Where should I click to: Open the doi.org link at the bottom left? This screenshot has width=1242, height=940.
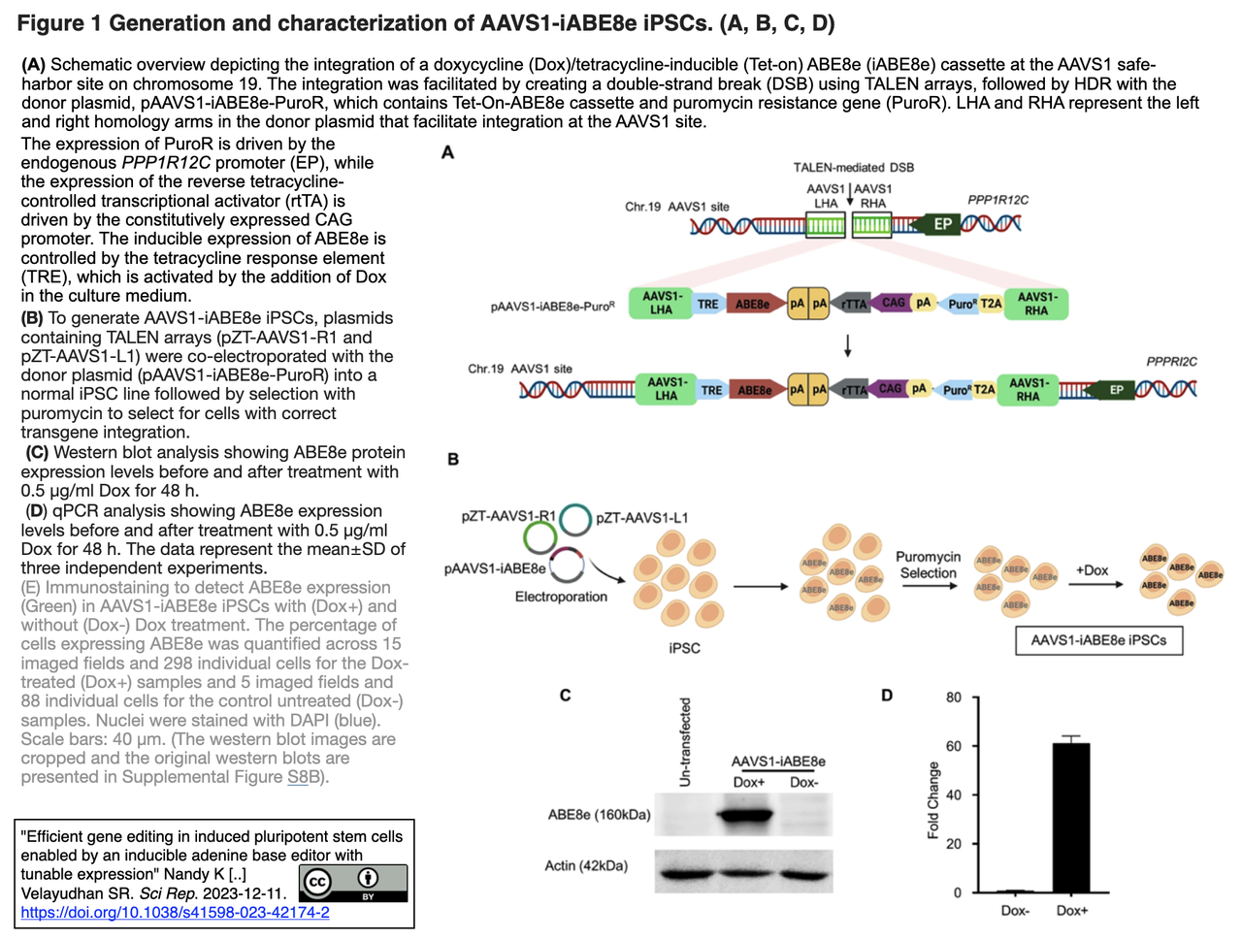pos(175,913)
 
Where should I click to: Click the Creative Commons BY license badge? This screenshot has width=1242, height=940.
pos(353,883)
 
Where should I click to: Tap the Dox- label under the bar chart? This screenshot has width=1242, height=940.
pos(1015,911)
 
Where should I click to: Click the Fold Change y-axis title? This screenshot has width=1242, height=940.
pos(933,799)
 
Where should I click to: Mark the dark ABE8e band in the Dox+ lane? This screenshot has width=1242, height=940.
pos(748,815)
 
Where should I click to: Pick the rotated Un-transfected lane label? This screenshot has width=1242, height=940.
pos(685,742)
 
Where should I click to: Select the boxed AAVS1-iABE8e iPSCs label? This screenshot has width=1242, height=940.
pos(1098,640)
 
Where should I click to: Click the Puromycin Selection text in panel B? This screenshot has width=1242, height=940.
pos(928,565)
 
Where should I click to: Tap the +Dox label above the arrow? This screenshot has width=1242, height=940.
pos(1092,570)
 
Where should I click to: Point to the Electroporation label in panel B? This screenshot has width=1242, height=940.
pos(561,597)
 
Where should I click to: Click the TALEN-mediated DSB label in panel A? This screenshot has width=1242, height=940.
pos(853,167)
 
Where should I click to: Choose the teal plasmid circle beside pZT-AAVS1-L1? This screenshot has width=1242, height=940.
pos(575,519)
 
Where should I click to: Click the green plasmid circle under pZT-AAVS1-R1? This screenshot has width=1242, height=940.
pos(539,537)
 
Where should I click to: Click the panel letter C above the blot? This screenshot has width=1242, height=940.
pos(565,695)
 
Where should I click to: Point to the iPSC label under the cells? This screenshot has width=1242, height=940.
pos(684,647)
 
